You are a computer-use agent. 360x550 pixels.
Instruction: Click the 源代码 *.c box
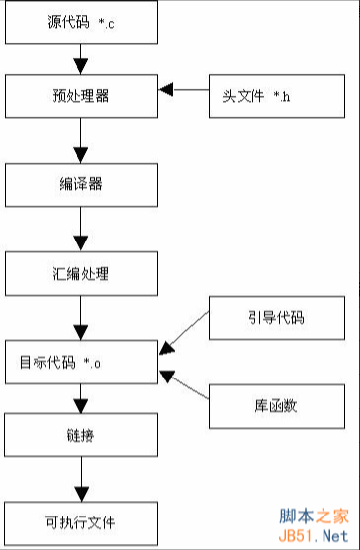(x=81, y=22)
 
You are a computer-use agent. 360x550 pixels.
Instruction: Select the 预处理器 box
(x=81, y=98)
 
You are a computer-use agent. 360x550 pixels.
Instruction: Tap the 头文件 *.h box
(x=277, y=98)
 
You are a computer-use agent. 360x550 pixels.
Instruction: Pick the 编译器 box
(x=81, y=183)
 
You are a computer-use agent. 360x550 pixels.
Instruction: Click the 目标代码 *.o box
(x=81, y=361)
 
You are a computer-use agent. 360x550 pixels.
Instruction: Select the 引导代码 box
(x=277, y=317)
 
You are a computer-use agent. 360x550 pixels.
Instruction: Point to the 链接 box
(x=81, y=435)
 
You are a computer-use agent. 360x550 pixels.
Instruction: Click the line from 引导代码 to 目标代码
(x=185, y=331)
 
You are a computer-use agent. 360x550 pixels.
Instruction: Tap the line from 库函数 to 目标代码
(x=185, y=388)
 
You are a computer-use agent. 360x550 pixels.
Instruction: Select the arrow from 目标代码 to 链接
(x=81, y=398)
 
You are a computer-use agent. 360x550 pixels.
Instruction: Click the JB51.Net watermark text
(x=315, y=535)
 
